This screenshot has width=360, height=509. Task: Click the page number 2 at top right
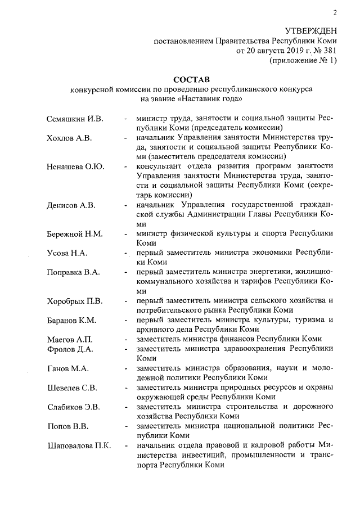[x=334, y=13]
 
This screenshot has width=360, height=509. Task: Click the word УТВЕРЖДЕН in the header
[x=311, y=31]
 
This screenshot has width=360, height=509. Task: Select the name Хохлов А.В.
[x=69, y=138]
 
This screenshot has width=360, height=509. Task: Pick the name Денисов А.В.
[x=70, y=205]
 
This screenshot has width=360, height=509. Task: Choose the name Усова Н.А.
[x=65, y=253]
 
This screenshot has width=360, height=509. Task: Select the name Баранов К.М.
[x=71, y=321]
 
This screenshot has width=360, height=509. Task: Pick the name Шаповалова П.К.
[x=79, y=446]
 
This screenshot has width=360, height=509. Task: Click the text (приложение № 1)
[x=304, y=61]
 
